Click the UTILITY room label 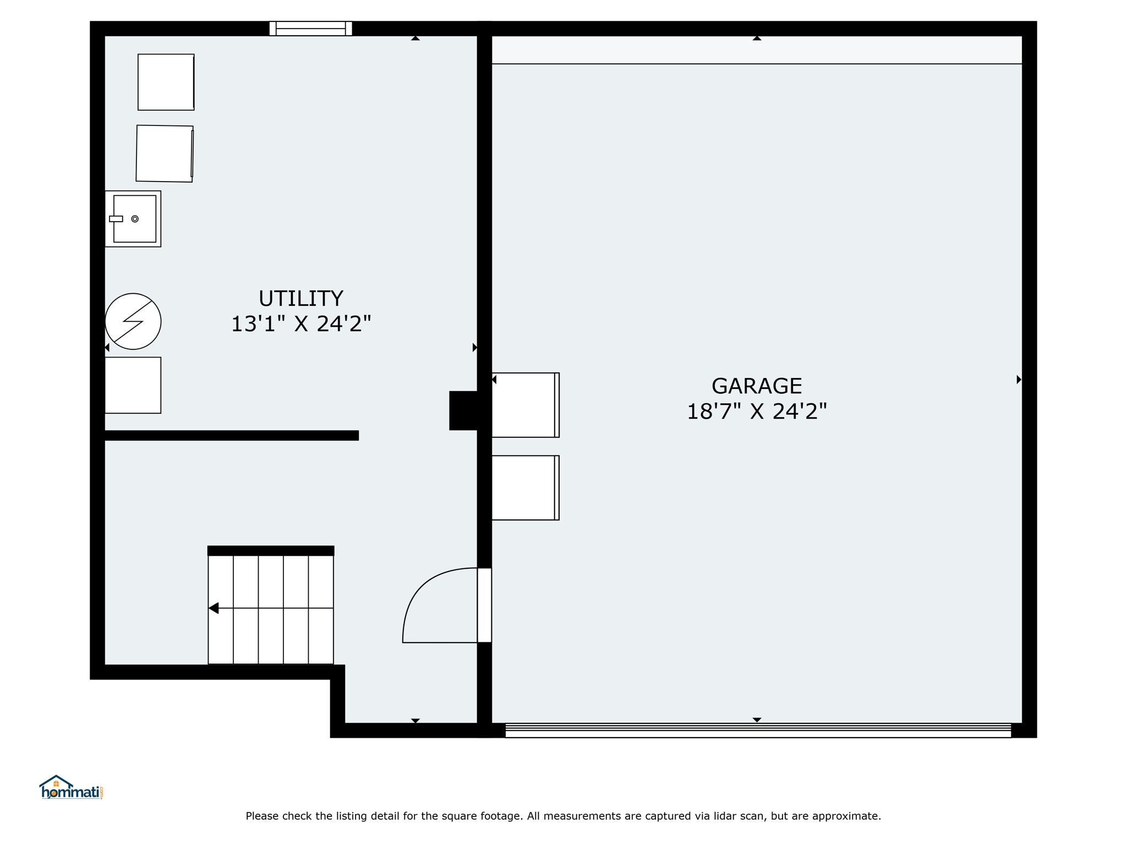(300, 298)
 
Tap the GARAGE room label (757, 386)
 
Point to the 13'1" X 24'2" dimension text (300, 323)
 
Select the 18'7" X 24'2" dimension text (757, 411)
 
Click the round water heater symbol (133, 321)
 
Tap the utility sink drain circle (135, 219)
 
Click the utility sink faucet (116, 219)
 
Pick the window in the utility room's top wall (310, 29)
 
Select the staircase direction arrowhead (214, 608)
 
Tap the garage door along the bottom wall (758, 730)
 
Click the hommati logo (71, 787)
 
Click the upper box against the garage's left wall (526, 405)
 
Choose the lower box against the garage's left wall (526, 487)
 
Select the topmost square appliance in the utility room (166, 82)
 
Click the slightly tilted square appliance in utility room (165, 153)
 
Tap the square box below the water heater (133, 385)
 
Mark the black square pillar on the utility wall (463, 410)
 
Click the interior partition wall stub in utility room (232, 436)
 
